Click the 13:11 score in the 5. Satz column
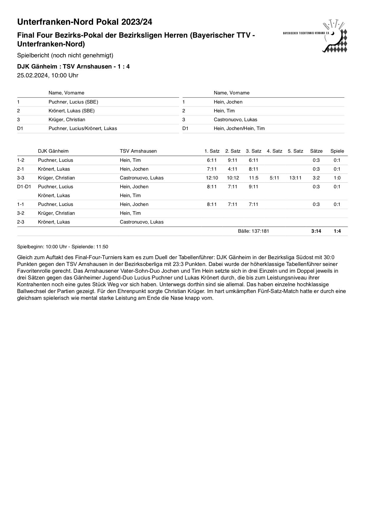tap(295, 178)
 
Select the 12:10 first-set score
tap(212, 178)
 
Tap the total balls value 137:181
tap(253, 231)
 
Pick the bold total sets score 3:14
tap(316, 231)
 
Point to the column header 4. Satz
tap(274, 151)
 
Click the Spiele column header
tap(337, 151)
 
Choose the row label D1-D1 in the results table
tap(24, 187)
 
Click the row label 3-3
tap(21, 178)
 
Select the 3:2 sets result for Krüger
tap(316, 178)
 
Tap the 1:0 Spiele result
tap(337, 178)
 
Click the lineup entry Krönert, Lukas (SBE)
tap(72, 111)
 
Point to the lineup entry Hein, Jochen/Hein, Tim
tap(239, 128)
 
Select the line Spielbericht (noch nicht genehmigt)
tap(65, 55)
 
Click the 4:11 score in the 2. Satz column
tap(233, 169)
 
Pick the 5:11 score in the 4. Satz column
tap(274, 178)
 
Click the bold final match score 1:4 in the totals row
tap(337, 231)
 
